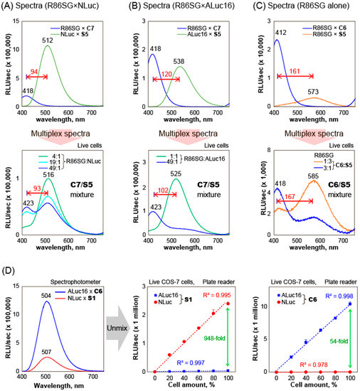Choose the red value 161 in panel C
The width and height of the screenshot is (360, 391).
(294, 71)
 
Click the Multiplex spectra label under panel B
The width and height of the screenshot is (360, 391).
(183, 134)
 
